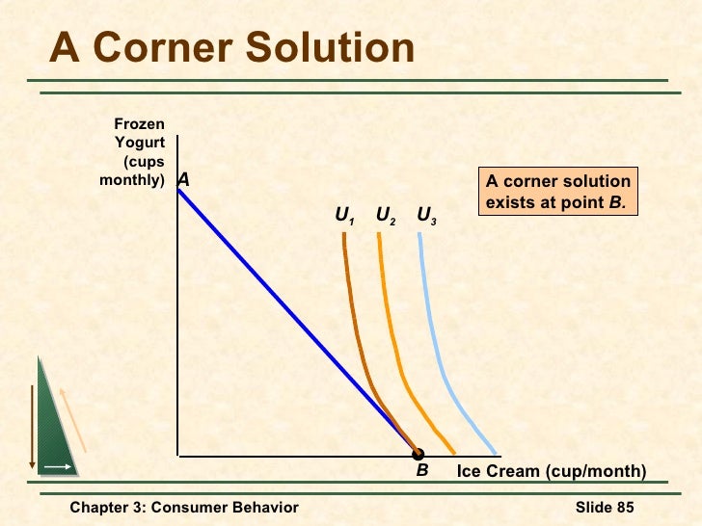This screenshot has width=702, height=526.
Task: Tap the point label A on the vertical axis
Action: coord(183,180)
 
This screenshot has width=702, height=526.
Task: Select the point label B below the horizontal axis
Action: coord(421,471)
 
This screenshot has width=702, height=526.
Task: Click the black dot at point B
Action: coord(418,454)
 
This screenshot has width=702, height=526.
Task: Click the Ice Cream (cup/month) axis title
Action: coord(551,471)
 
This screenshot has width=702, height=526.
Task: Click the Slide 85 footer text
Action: coord(605,508)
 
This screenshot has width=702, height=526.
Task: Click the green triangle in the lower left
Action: coord(54,434)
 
